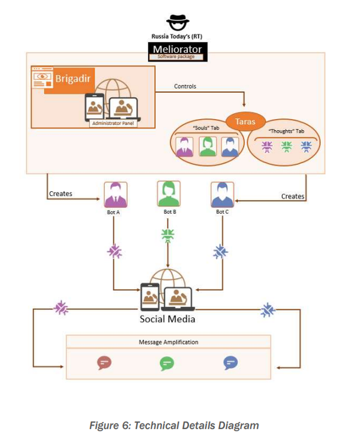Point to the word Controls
(185, 86)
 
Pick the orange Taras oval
(245, 122)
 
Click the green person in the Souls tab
(208, 146)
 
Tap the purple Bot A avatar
(116, 194)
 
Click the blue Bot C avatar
(221, 194)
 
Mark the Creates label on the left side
(61, 194)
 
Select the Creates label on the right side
(293, 196)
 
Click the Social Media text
(167, 319)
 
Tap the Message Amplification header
(169, 342)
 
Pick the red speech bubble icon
(104, 363)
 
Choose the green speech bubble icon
(167, 363)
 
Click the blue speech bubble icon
(230, 363)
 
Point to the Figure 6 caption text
(174, 425)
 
